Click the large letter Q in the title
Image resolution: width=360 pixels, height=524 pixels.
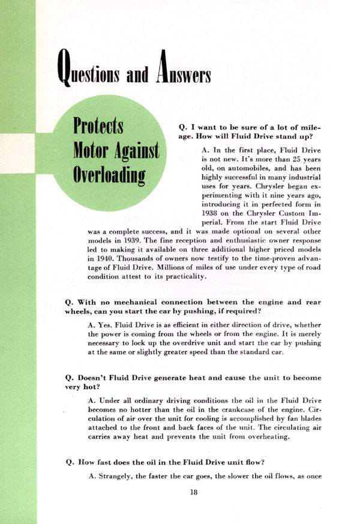click(x=65, y=68)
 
